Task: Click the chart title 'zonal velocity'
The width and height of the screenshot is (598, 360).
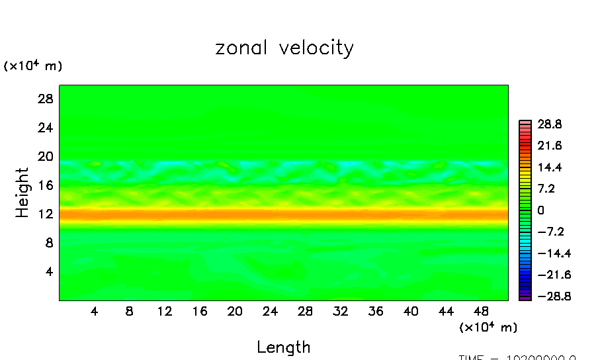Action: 284,48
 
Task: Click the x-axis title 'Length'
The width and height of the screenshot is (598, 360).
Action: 284,347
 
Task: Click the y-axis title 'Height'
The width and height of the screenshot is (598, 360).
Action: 23,193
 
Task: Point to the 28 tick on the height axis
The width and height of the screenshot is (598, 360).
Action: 44,99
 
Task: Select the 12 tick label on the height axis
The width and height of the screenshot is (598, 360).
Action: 44,214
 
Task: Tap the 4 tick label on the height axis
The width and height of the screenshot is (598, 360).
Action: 48,271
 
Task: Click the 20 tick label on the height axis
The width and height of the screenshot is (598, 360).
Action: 44,156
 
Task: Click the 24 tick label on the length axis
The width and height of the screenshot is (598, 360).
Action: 270,311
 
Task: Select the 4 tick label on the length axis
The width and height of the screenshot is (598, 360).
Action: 95,311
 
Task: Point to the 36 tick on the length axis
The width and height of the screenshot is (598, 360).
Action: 375,311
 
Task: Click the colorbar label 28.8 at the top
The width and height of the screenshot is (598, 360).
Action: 550,124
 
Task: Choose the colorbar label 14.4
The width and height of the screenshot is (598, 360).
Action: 550,167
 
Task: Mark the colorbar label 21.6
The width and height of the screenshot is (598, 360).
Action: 550,146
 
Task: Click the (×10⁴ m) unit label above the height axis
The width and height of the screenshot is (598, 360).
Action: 33,66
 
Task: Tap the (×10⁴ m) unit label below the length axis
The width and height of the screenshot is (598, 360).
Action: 488,327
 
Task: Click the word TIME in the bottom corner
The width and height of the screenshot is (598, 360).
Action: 472,357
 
